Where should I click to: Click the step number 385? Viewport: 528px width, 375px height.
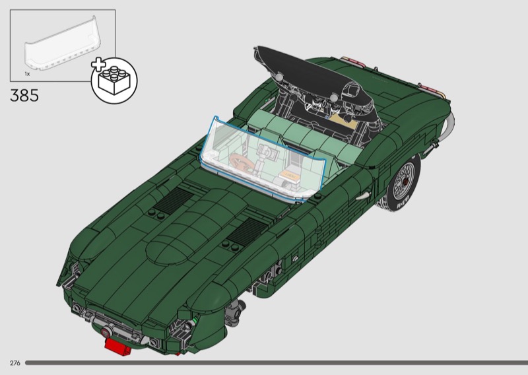pos(24,95)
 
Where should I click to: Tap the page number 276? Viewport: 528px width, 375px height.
pos(15,363)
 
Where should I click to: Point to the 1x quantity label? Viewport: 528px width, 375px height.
pos(27,73)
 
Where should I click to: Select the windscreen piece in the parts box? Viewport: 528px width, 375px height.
pos(63,44)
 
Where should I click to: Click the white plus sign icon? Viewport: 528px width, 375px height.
pos(98,65)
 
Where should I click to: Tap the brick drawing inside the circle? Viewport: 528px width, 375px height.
pos(114,81)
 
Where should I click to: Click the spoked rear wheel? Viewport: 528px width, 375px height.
pos(403,182)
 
